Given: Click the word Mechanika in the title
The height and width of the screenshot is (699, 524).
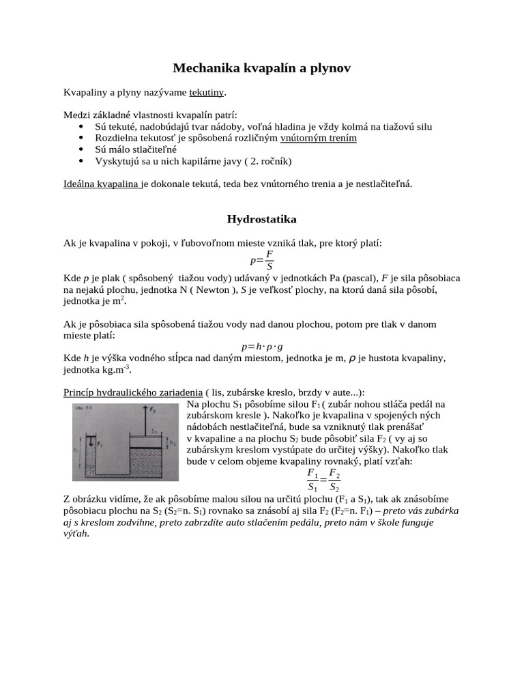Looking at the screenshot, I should pos(203,68).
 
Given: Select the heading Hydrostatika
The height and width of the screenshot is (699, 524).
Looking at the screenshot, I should pos(261,219).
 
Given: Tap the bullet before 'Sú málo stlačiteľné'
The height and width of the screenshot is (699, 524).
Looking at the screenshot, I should pos(81,149).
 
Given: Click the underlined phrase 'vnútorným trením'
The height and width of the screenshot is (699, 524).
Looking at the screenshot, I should pos(319,138).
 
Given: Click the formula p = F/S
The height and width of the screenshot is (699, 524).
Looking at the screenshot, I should pos(262,260).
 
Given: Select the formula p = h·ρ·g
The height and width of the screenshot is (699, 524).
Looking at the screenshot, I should pos(262,346).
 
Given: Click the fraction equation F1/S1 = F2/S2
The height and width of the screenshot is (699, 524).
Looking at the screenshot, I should pos(323,480).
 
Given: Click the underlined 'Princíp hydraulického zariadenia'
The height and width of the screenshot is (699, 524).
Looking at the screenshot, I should pos(132,392).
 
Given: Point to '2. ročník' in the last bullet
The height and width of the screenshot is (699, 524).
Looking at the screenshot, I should pos(266,161).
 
